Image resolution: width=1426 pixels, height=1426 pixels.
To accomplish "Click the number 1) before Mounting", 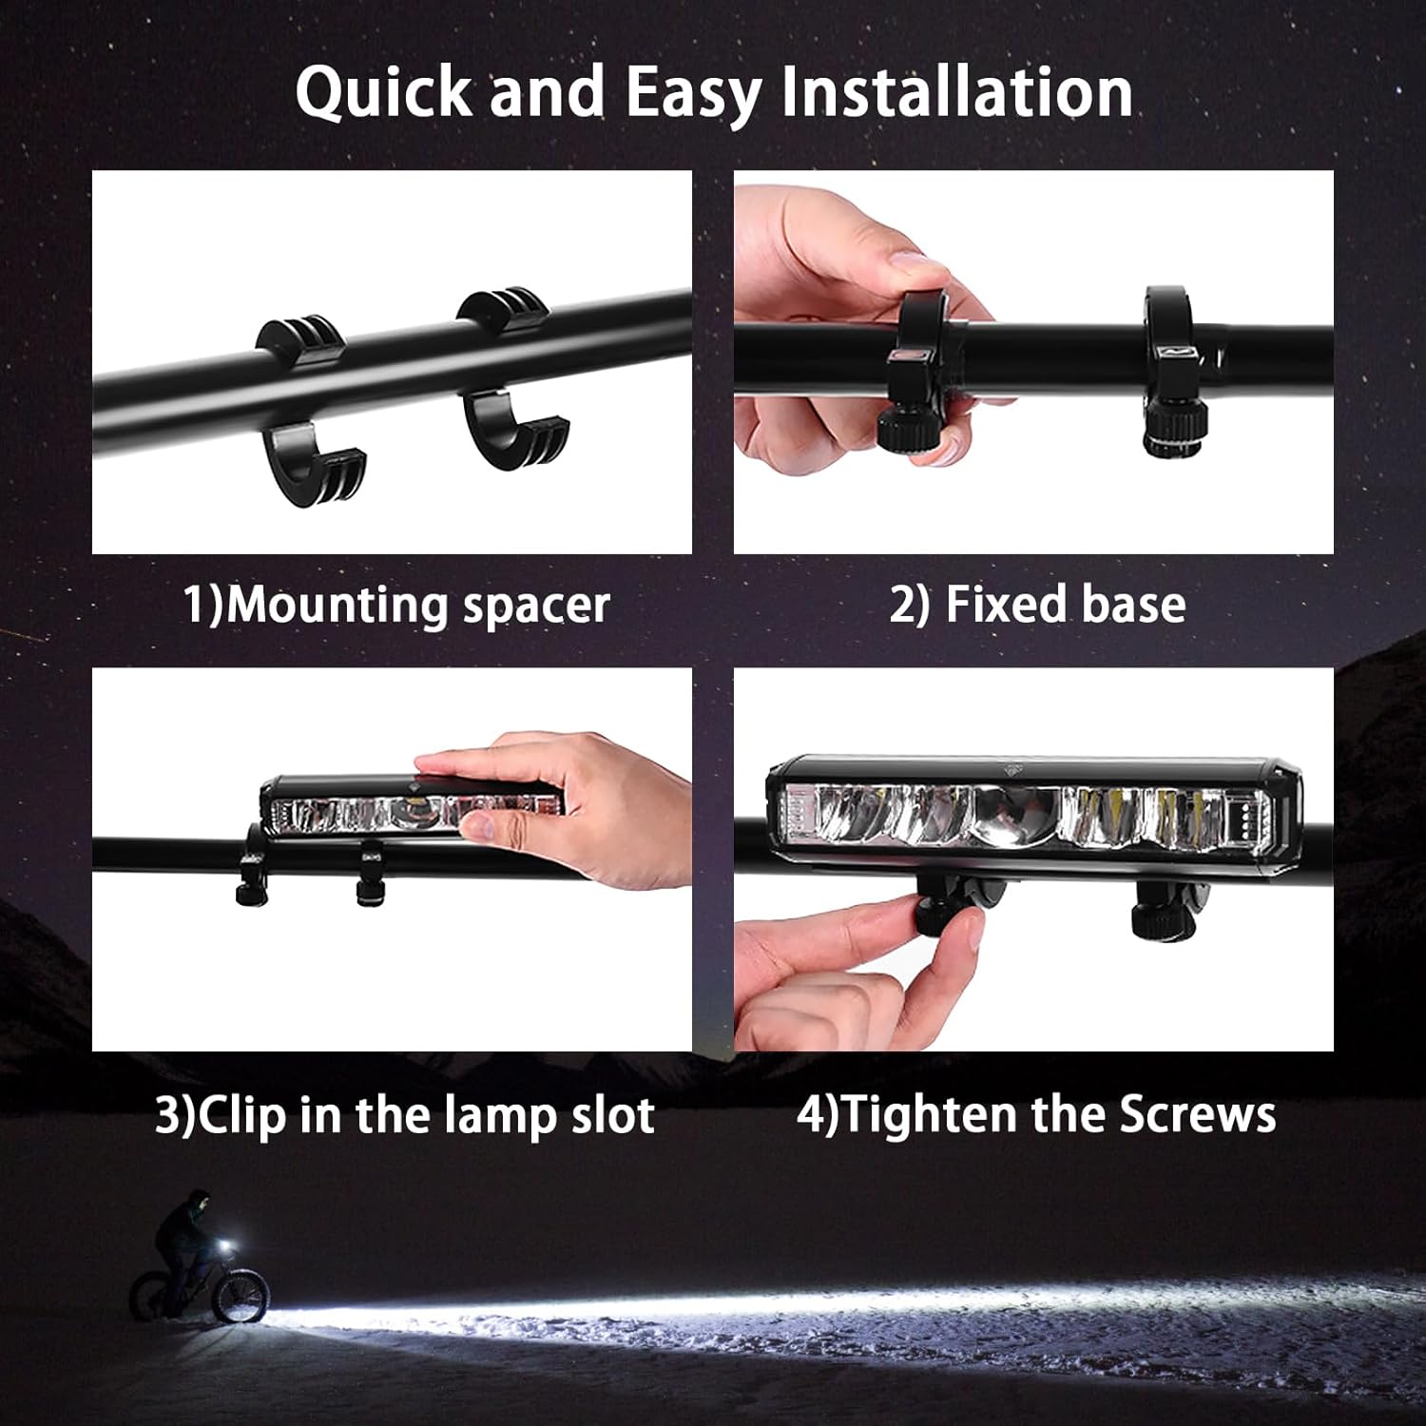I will (202, 605).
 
